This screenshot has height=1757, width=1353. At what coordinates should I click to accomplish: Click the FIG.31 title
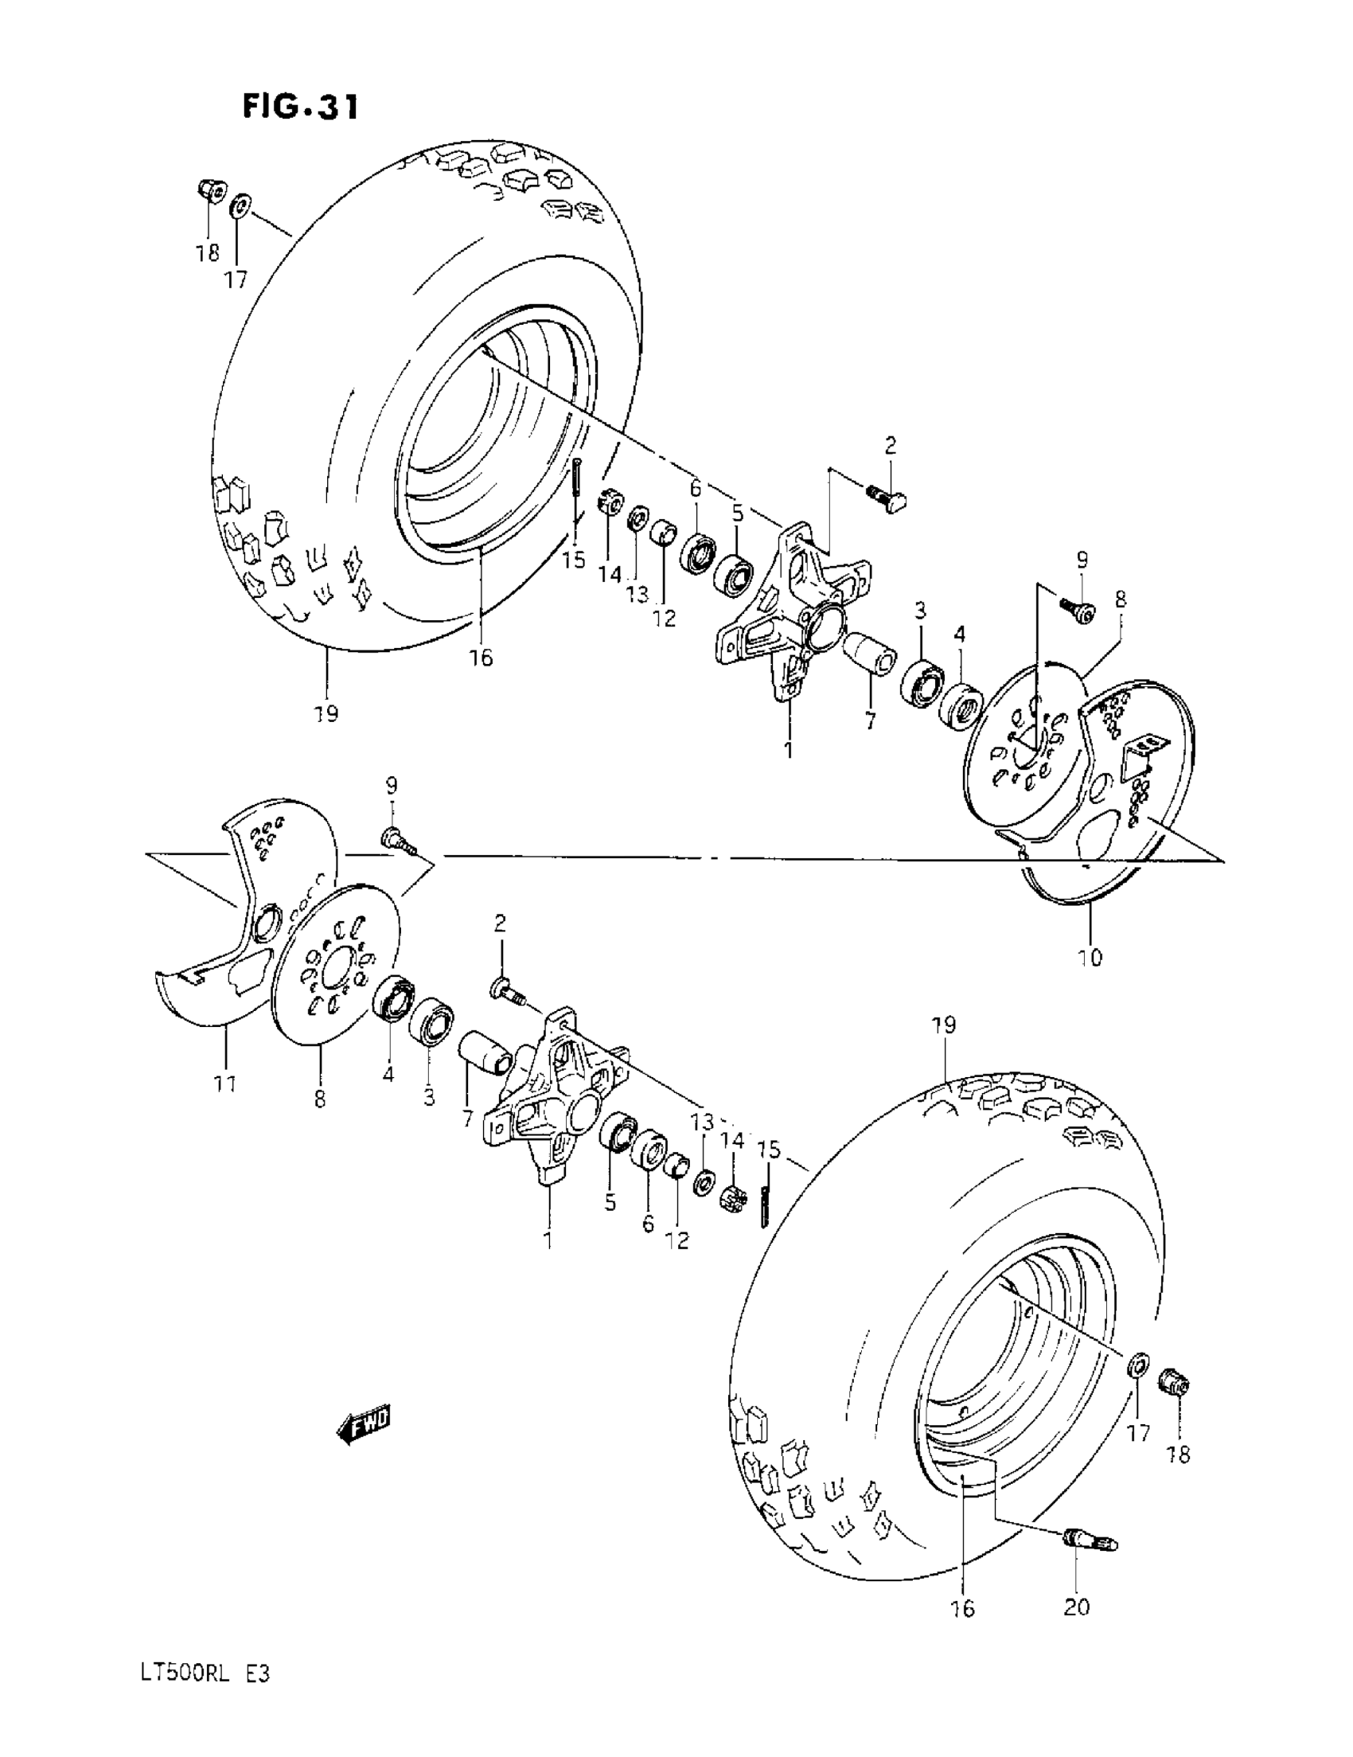300,106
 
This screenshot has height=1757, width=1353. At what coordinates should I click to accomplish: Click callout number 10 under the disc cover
1091,958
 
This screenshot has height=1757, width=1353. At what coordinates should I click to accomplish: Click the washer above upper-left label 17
240,208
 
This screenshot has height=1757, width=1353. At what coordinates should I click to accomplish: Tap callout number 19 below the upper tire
326,713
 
